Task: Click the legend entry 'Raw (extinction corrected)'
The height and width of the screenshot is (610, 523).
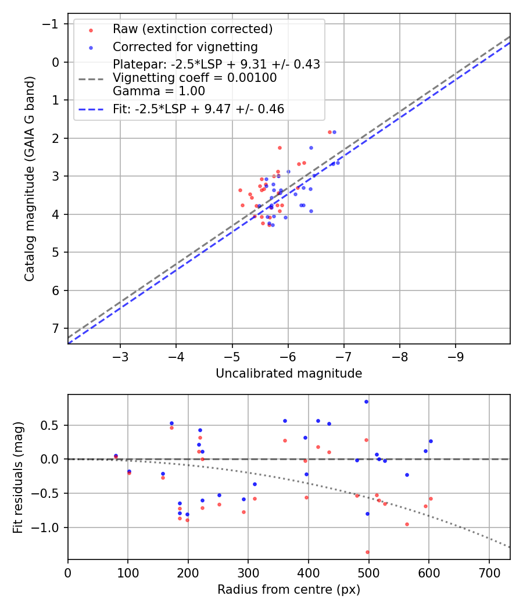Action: point(192,29)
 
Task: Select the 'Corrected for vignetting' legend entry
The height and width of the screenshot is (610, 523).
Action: point(185,46)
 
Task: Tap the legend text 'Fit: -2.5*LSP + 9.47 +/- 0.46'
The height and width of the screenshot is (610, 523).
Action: point(198,109)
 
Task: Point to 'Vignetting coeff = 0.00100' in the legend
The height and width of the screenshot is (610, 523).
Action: point(195,78)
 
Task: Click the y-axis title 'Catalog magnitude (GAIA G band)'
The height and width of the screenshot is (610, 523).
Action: point(29,178)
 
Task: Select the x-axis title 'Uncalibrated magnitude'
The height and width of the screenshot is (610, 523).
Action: point(289,374)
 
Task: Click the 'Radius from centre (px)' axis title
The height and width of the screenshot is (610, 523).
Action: point(289,590)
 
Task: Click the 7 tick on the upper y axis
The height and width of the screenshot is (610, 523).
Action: point(55,328)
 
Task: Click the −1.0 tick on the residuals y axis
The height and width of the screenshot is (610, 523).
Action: point(49,528)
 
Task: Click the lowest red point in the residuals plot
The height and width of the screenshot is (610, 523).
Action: point(367,552)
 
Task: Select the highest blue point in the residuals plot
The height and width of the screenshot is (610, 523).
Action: point(366,401)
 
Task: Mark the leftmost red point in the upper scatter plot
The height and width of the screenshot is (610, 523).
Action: point(240,190)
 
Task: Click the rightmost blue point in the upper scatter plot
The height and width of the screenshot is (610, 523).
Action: point(338,163)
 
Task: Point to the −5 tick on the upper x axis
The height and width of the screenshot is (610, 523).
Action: point(232,355)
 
